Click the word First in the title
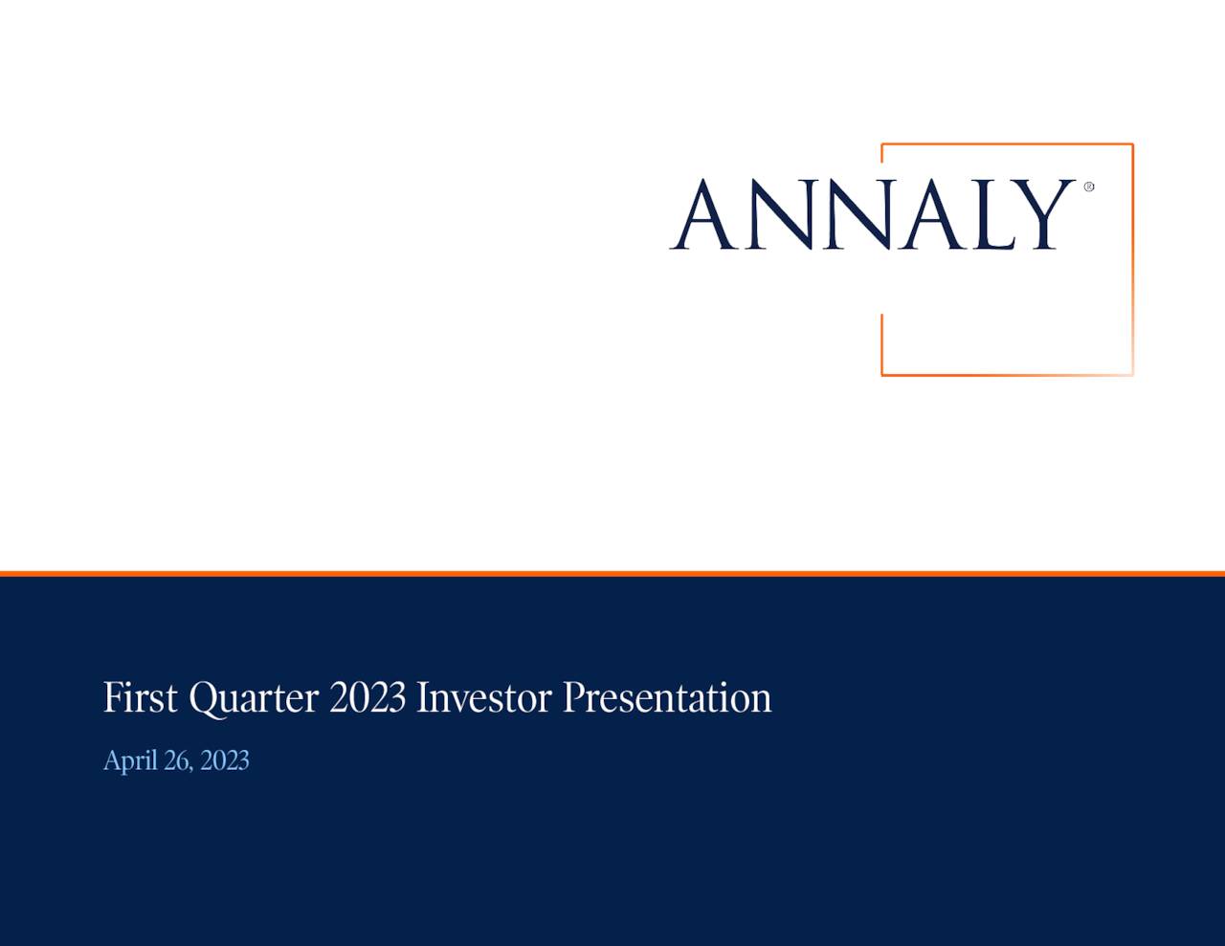(140, 697)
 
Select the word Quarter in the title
(253, 699)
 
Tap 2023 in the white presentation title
(367, 697)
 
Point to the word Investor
(483, 697)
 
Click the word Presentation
(666, 697)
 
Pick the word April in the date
(129, 761)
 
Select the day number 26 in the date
(178, 760)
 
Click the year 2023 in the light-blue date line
(225, 760)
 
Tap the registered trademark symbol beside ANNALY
(1088, 187)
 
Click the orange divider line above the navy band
(612, 574)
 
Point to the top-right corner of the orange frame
(1132, 145)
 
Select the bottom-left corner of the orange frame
(882, 374)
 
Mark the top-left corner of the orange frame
(882, 145)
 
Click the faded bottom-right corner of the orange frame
(1132, 374)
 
